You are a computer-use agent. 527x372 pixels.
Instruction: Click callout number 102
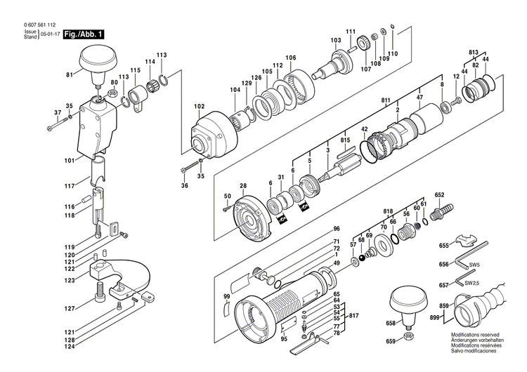pos(199,107)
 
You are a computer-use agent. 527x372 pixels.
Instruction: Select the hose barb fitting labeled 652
pos(444,210)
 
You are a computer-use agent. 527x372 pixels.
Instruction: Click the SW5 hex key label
pos(474,265)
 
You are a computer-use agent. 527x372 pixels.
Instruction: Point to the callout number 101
pos(68,161)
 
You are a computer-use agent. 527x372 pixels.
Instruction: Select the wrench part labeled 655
pos(467,243)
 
